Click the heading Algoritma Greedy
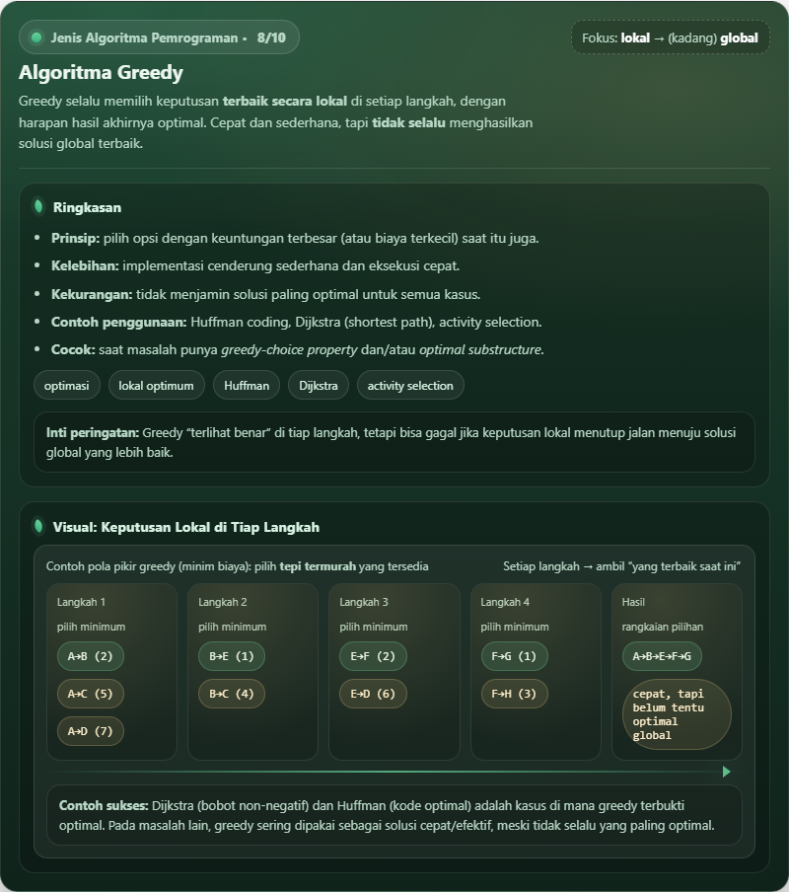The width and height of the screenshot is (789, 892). tap(101, 73)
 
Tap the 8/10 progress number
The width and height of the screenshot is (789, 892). tap(270, 37)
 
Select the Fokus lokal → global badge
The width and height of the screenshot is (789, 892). tap(670, 37)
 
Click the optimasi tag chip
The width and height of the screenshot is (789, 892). tap(66, 385)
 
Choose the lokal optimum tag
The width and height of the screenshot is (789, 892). tap(156, 385)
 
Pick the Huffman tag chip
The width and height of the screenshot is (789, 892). tap(246, 385)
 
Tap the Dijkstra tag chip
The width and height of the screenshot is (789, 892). tap(318, 385)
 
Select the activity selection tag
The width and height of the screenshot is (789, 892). tap(410, 385)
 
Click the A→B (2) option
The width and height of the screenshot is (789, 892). tap(90, 656)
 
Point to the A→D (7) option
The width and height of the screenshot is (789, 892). tap(90, 731)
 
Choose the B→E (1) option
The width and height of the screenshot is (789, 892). tap(231, 656)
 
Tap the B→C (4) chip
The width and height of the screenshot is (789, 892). tap(231, 694)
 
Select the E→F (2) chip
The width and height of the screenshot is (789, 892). tap(373, 656)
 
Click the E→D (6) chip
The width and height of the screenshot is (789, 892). tap(373, 694)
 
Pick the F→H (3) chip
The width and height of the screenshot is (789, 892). tap(514, 694)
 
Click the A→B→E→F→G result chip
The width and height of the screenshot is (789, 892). tap(661, 656)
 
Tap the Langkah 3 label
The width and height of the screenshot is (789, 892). tap(364, 602)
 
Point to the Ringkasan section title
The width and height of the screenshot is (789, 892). tap(87, 207)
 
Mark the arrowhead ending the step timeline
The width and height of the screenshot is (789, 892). tap(727, 772)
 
